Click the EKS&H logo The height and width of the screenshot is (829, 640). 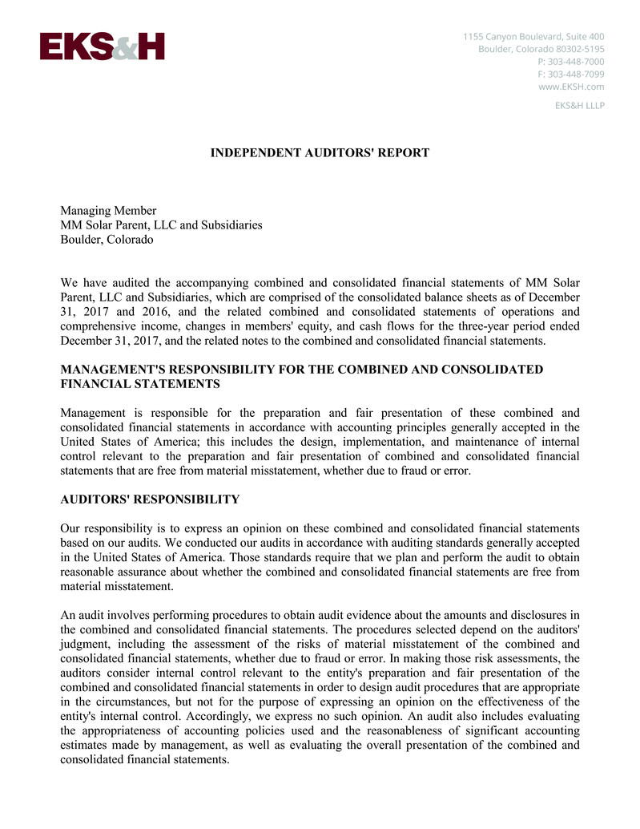(x=102, y=47)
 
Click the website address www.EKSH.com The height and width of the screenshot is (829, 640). (x=571, y=87)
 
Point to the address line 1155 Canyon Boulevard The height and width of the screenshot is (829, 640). (x=533, y=36)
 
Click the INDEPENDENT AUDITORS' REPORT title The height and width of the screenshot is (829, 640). (x=320, y=152)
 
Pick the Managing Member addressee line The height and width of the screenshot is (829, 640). (x=108, y=211)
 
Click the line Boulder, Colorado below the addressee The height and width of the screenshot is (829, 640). (x=107, y=240)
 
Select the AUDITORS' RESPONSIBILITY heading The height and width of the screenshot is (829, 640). (x=150, y=499)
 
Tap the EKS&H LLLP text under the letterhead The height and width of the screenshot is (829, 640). (x=579, y=105)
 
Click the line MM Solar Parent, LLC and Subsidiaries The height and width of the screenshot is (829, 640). (x=161, y=225)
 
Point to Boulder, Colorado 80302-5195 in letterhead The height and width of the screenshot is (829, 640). (x=541, y=49)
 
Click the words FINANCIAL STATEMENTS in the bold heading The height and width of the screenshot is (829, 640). (x=140, y=384)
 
